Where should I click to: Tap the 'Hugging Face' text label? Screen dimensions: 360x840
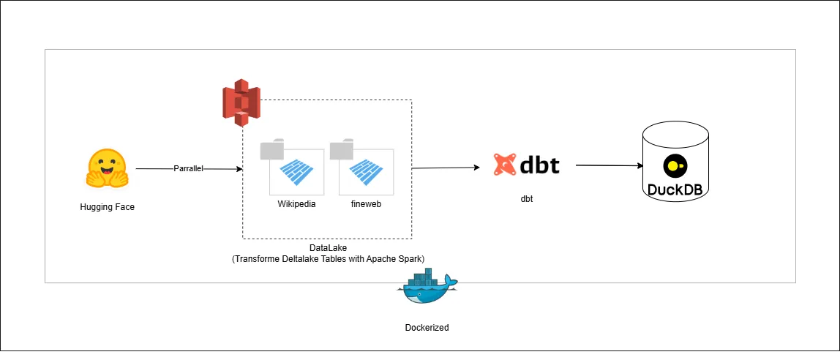(107, 207)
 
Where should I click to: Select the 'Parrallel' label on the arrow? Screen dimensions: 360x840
(188, 168)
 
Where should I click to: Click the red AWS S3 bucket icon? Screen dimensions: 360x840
(241, 104)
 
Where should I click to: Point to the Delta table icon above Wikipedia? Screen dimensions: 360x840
(296, 173)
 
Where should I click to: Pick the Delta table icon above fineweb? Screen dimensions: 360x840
(366, 173)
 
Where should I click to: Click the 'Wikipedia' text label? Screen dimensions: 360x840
(296, 204)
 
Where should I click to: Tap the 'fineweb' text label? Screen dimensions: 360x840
(366, 204)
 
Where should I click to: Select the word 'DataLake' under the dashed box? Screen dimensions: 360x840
(327, 249)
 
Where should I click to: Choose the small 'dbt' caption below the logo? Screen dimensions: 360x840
(526, 198)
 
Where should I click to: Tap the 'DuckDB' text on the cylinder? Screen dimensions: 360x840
(675, 190)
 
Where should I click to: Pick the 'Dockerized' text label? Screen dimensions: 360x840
(427, 328)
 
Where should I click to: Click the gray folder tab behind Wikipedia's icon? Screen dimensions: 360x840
(271, 150)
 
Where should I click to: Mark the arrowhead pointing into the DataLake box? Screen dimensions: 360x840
(239, 169)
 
